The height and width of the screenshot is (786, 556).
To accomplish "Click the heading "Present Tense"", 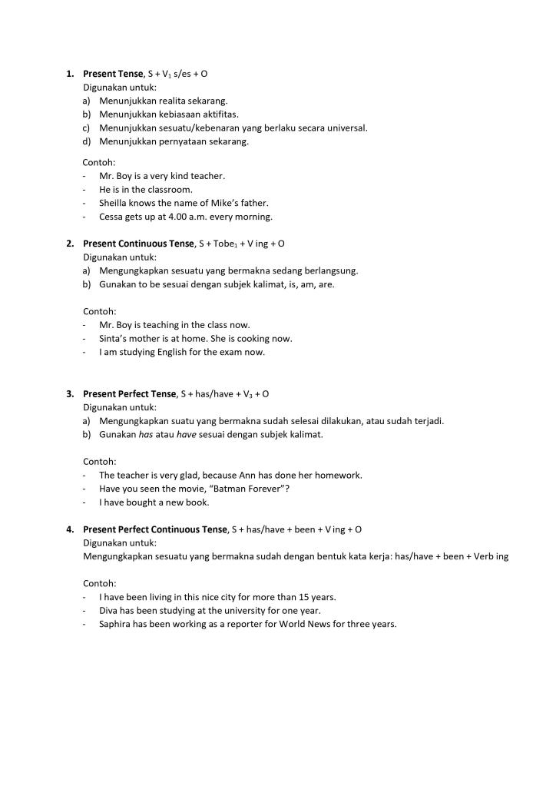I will [x=113, y=74].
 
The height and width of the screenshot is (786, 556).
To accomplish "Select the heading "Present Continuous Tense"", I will [x=138, y=244].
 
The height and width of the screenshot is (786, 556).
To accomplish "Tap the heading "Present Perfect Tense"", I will [x=129, y=394].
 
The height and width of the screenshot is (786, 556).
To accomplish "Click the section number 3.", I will [x=70, y=394].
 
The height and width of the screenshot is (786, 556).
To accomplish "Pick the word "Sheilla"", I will [x=114, y=203].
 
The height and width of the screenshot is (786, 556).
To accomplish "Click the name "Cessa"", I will [x=111, y=217].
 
